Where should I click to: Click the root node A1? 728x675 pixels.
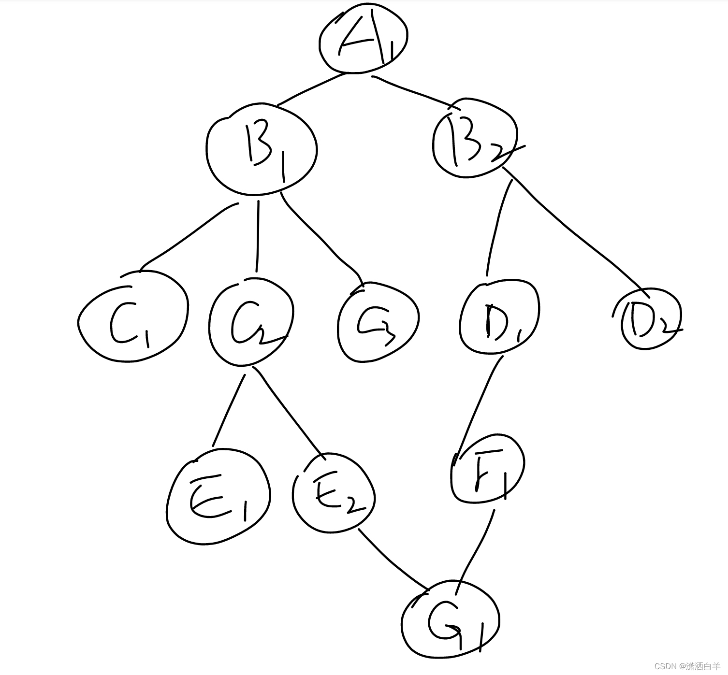click(363, 40)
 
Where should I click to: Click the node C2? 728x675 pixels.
click(251, 322)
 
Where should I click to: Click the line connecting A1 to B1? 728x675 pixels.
click(312, 89)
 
